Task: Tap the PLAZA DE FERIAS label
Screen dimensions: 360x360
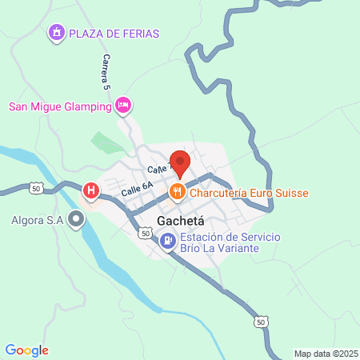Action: tap(114, 33)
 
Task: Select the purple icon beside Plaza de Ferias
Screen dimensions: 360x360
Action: tap(56, 33)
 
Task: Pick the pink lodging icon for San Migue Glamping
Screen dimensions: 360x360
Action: tap(122, 105)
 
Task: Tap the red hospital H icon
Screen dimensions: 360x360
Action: tap(92, 190)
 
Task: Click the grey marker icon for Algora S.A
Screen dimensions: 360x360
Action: tap(77, 219)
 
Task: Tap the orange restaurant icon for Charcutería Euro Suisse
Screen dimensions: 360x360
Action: tap(178, 192)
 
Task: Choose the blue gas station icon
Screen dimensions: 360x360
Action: tap(167, 239)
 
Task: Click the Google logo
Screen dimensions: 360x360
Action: tap(26, 350)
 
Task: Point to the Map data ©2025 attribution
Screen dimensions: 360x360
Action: tap(325, 353)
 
